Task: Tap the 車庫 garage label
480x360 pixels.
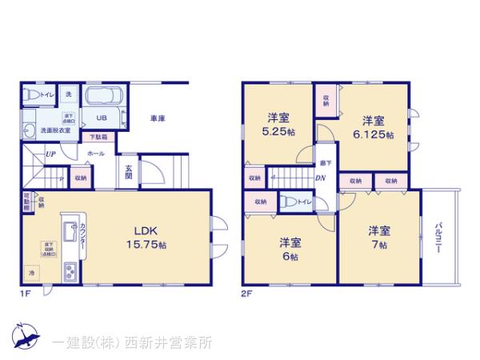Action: point(157,119)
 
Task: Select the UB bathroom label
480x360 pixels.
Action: point(101,119)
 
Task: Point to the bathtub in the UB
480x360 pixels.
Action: point(102,100)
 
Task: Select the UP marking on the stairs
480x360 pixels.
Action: point(50,154)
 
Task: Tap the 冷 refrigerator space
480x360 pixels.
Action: point(33,272)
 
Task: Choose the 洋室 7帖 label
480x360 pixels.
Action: point(378,237)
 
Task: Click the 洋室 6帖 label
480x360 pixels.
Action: point(289,249)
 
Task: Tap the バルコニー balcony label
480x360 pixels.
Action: point(439,238)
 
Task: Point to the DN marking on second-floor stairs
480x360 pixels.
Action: point(320,178)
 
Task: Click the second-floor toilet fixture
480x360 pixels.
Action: point(290,202)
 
